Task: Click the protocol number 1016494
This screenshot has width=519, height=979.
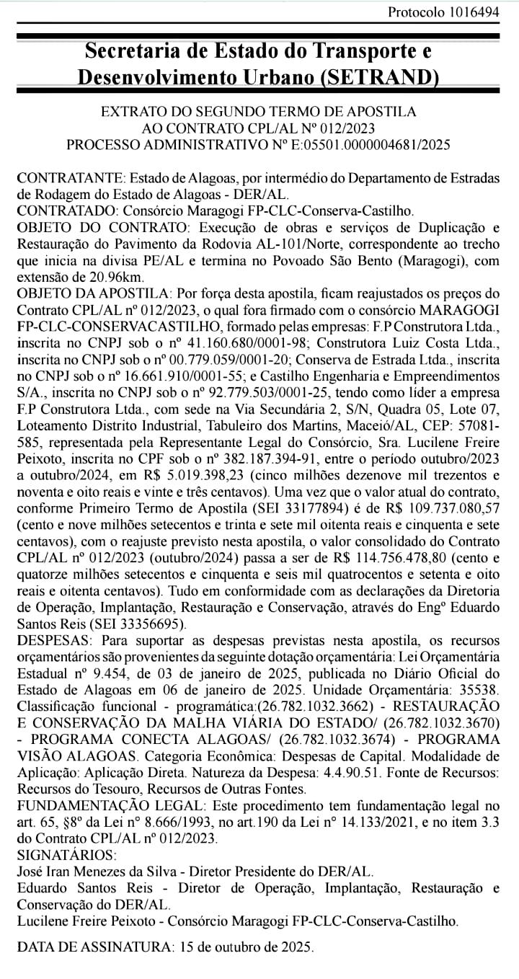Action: [473, 12]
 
